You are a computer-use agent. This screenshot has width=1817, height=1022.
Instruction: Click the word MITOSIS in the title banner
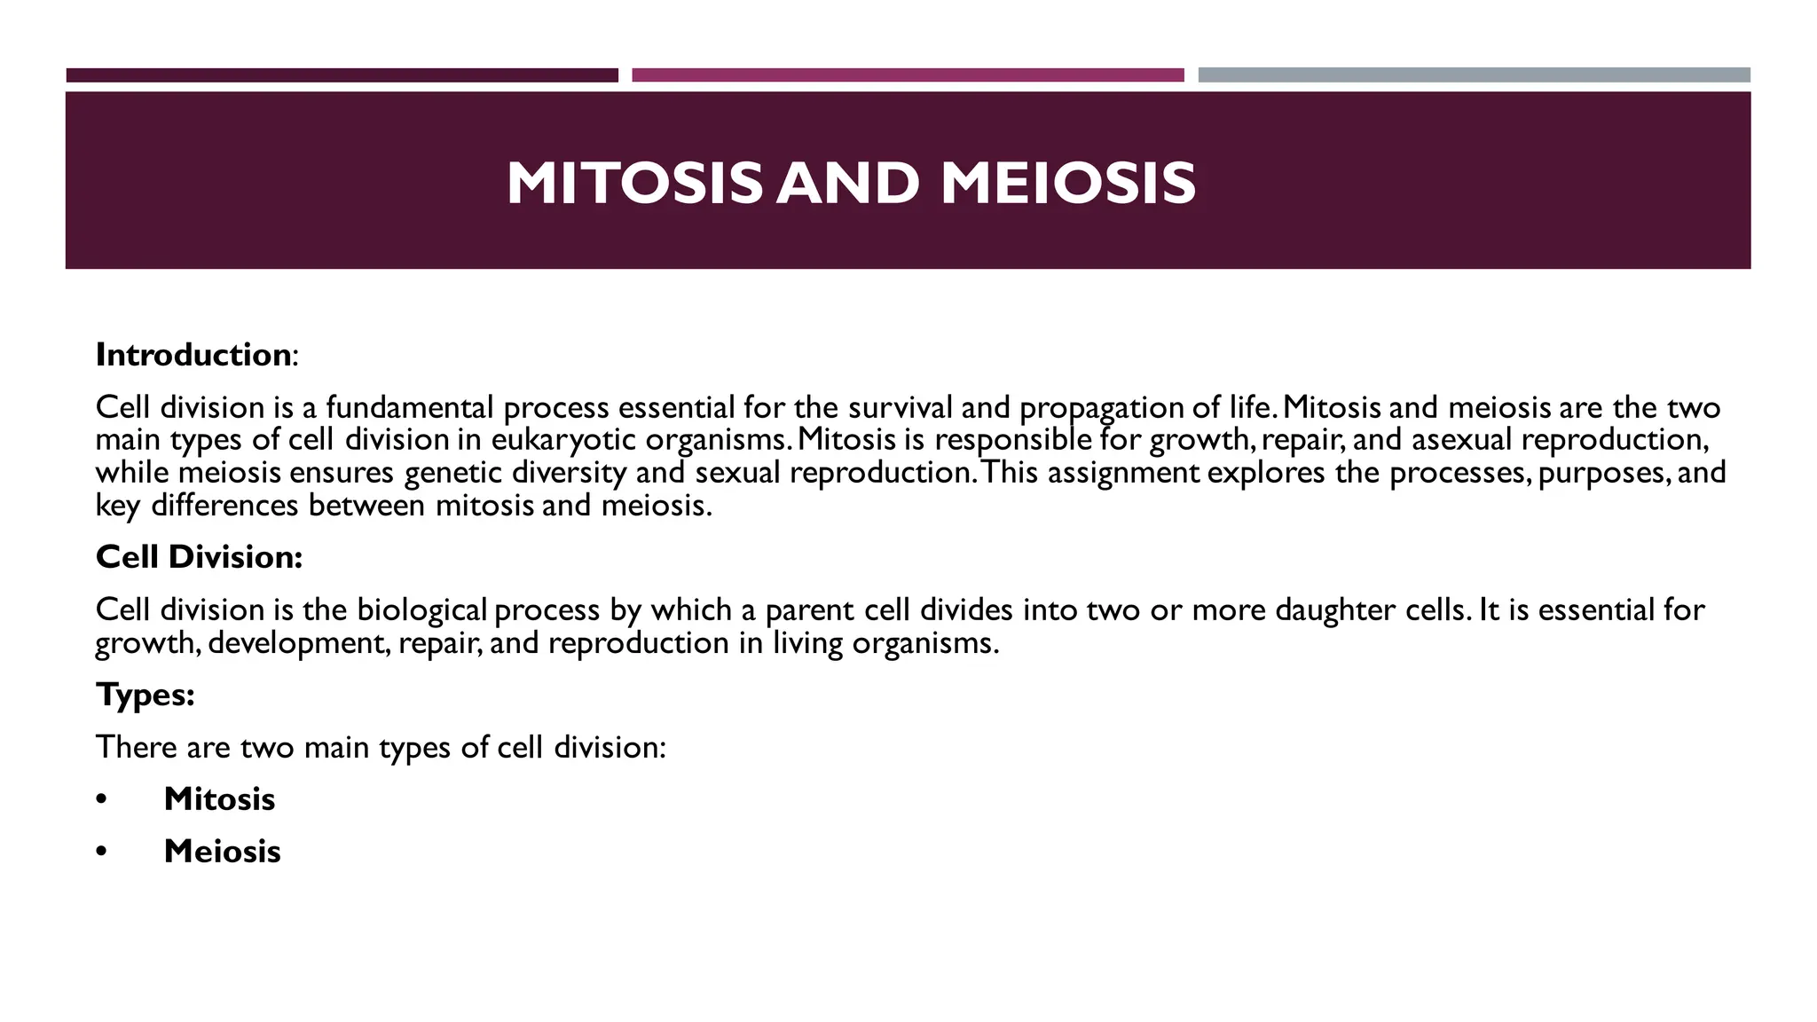633,184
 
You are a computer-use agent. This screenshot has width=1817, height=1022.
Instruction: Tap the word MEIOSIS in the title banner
1068,184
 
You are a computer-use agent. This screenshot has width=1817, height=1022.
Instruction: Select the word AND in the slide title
848,184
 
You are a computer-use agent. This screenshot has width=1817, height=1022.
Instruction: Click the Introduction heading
193,355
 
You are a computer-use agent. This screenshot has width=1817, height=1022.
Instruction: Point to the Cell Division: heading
199,557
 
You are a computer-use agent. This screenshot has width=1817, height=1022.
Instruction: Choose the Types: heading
145,694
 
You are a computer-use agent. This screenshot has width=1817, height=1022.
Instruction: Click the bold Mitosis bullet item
219,799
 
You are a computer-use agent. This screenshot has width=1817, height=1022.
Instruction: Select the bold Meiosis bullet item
222,852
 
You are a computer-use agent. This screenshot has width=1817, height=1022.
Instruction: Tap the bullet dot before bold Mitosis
102,800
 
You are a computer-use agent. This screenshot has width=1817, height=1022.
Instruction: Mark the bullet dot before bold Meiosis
102,853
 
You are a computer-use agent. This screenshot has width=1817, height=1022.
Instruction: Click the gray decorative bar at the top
1474,75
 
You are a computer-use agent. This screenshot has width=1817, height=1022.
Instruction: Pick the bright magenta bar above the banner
908,75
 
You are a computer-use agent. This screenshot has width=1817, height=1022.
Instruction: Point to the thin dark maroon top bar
342,75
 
